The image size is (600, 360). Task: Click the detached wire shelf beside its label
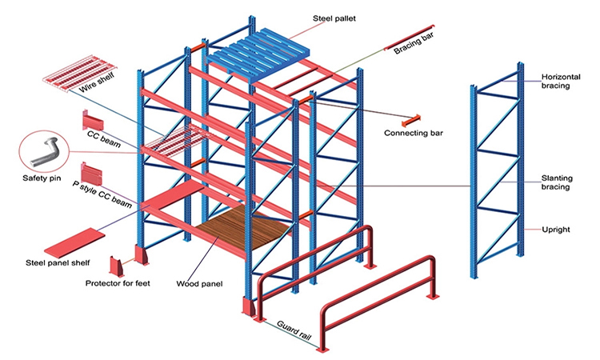[73, 76]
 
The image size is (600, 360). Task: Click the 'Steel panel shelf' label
[64, 262]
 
